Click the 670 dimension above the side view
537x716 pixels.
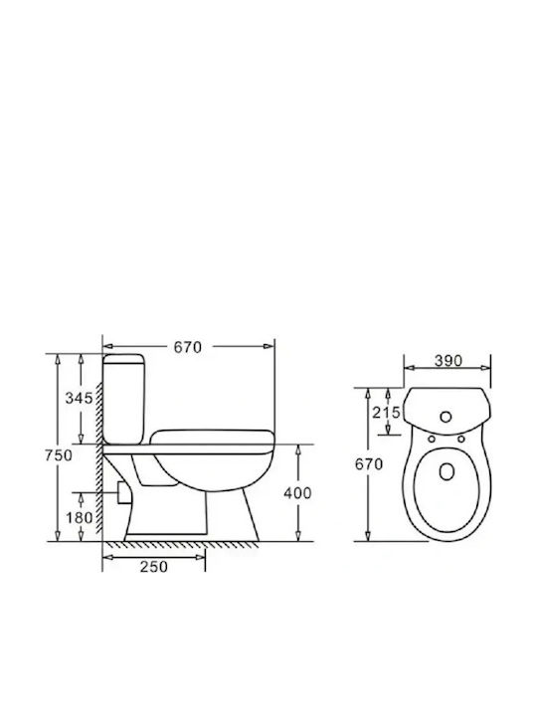pyautogui.click(x=187, y=347)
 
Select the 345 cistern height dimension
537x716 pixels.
pyautogui.click(x=79, y=398)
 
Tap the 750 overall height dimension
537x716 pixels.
pyautogui.click(x=59, y=455)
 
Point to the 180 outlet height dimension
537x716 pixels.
pyautogui.click(x=79, y=518)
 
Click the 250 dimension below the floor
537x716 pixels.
pyautogui.click(x=154, y=567)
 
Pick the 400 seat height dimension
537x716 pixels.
pyautogui.click(x=297, y=493)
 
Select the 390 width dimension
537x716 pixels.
pyautogui.click(x=447, y=361)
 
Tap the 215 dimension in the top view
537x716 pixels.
pyautogui.click(x=386, y=413)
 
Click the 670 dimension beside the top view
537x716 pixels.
pyautogui.click(x=369, y=464)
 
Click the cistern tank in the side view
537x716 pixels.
pyautogui.click(x=124, y=398)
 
